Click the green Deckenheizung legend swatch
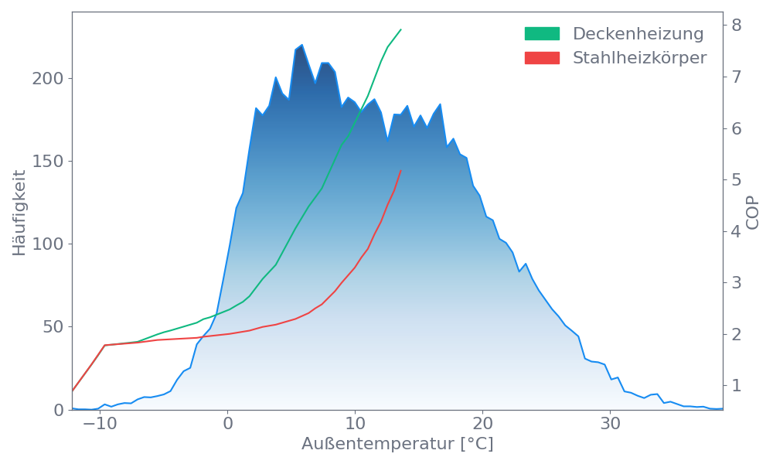point(542,34)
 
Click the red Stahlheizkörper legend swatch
point(542,58)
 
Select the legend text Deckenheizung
point(638,34)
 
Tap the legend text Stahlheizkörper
point(639,58)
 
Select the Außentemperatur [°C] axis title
point(397,445)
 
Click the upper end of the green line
point(401,29)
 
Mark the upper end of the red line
point(401,169)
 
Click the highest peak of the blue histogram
point(301,44)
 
